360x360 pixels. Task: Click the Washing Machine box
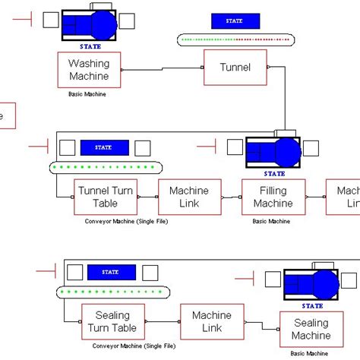[89, 69]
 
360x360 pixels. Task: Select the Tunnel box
[235, 68]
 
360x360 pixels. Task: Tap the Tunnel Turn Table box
[105, 197]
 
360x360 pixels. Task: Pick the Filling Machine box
[273, 197]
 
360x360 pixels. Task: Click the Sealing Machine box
[311, 329]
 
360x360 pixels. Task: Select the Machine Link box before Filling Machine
[189, 197]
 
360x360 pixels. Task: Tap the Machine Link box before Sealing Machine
[211, 321]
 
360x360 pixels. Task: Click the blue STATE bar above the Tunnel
[235, 21]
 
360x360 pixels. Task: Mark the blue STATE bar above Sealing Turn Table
[112, 272]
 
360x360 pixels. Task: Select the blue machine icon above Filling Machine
[273, 153]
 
